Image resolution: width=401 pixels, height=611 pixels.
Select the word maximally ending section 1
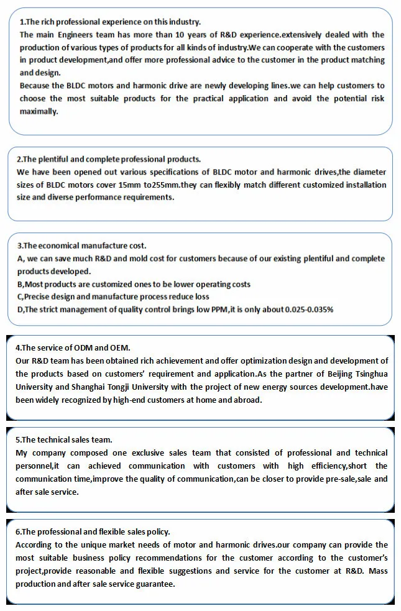[x=38, y=111]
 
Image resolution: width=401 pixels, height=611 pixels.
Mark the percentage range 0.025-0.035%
[x=309, y=309]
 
